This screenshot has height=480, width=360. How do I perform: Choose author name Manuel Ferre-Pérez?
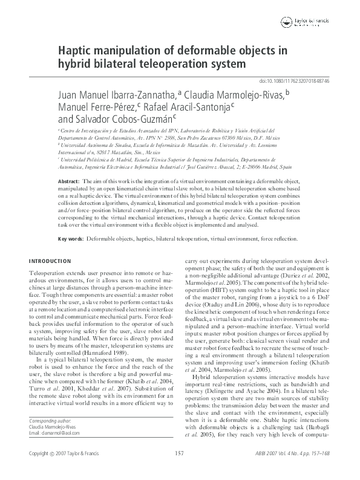94,108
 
